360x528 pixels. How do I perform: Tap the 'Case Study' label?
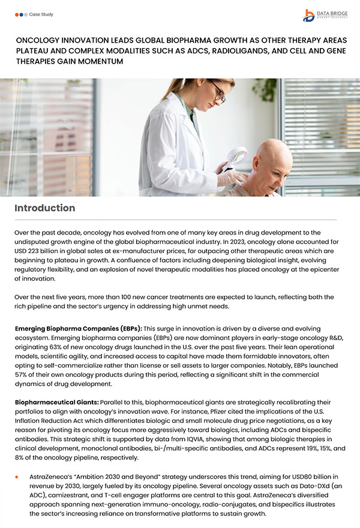(x=41, y=13)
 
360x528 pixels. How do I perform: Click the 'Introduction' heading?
(x=45, y=208)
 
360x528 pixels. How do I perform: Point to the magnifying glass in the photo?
(x=238, y=157)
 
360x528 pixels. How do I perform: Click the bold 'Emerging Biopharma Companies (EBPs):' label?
(x=78, y=329)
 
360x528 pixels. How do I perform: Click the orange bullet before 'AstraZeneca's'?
(x=18, y=476)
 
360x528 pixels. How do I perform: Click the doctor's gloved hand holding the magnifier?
(x=227, y=176)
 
